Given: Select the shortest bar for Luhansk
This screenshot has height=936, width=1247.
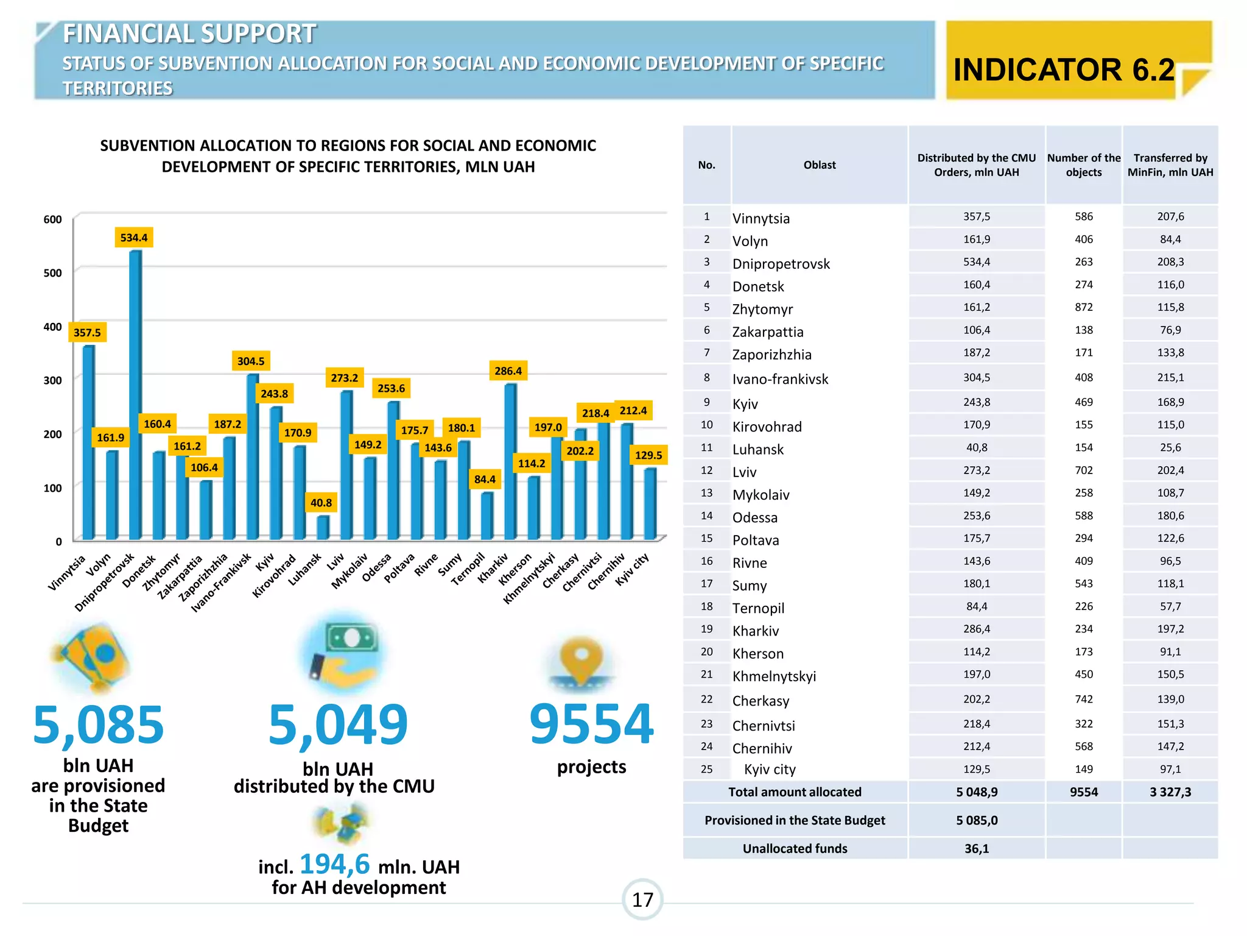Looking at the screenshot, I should click(323, 527).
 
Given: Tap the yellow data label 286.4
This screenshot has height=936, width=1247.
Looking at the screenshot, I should click(508, 370).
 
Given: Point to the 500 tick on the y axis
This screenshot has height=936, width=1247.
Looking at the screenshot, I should click(53, 273).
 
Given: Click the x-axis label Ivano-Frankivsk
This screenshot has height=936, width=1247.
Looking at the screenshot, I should click(222, 583).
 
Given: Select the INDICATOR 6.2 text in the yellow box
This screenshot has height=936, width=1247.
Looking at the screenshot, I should click(1064, 69).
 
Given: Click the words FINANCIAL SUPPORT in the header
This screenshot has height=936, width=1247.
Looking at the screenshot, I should click(189, 34).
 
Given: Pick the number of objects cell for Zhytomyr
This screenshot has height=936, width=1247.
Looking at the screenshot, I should click(1083, 307).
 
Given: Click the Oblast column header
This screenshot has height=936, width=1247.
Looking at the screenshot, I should click(820, 165).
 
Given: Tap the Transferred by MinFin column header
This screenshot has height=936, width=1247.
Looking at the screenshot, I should click(1170, 165).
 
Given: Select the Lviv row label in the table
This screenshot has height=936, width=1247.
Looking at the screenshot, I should click(744, 472).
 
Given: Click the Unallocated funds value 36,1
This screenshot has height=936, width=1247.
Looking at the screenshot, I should click(976, 848).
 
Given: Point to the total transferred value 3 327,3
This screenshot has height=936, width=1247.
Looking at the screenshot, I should click(1170, 792).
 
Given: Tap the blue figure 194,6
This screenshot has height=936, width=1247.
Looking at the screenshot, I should click(334, 863).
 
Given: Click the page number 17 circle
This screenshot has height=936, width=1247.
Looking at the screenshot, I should click(642, 899).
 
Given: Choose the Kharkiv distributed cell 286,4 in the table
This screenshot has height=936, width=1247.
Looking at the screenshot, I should click(976, 629).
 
